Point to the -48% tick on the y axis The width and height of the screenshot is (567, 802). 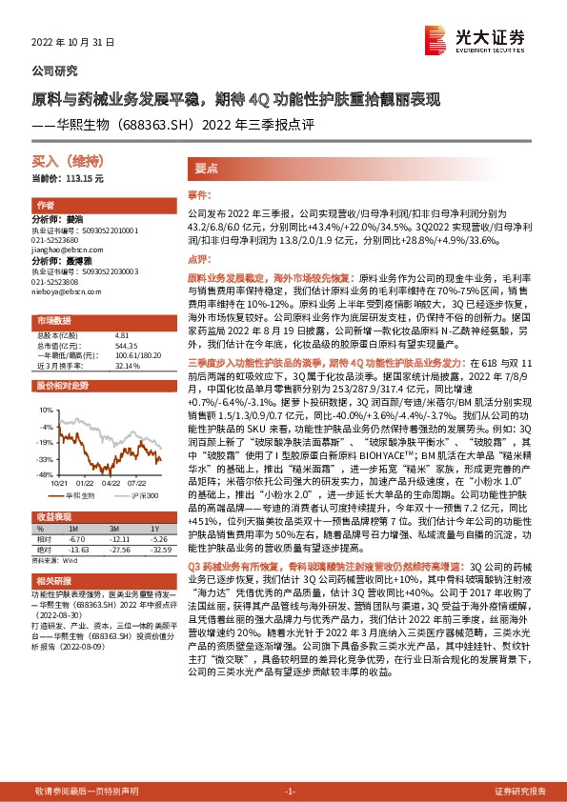click(x=44, y=473)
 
